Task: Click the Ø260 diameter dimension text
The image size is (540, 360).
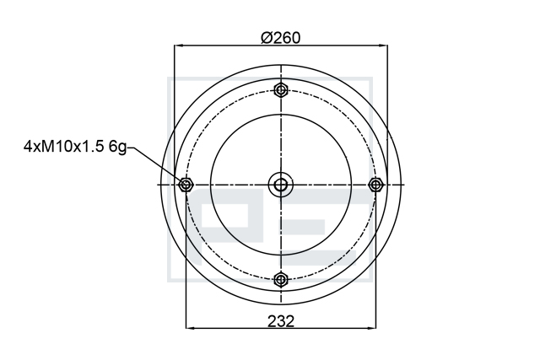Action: click(x=281, y=37)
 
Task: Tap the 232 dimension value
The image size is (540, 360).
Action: click(x=281, y=321)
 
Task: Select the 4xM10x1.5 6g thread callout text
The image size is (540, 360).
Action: click(x=75, y=147)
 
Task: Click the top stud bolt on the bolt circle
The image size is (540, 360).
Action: click(x=281, y=90)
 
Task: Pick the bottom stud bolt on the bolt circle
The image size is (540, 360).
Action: click(x=281, y=279)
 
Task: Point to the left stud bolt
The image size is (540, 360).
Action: click(x=186, y=185)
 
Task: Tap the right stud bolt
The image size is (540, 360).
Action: click(x=375, y=185)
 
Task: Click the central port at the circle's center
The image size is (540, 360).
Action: click(x=281, y=185)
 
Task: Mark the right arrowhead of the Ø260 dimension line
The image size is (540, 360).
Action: click(x=382, y=45)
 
